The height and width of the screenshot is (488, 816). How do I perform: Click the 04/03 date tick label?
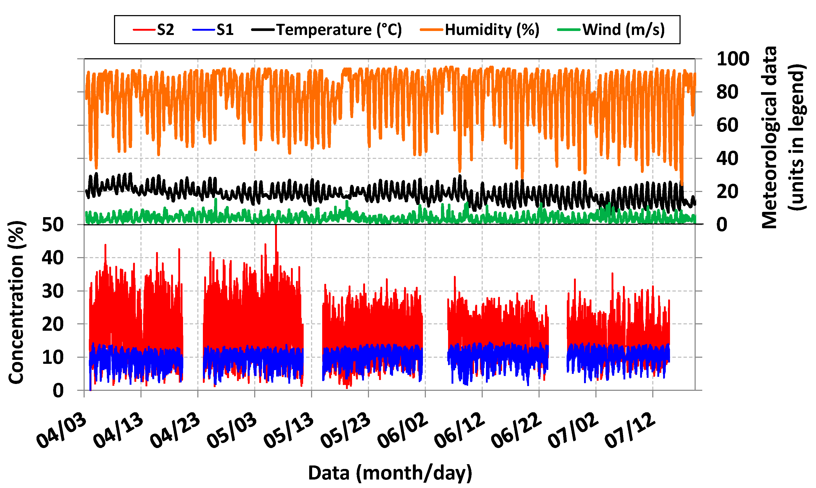[x=62, y=431]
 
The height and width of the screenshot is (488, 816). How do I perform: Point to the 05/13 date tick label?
[x=289, y=431]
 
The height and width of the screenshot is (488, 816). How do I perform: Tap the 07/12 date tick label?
[x=630, y=431]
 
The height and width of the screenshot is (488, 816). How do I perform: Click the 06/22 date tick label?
[x=516, y=431]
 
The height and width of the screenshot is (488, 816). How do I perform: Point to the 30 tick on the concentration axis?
[x=53, y=291]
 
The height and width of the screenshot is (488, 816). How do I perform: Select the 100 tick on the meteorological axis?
[x=733, y=59]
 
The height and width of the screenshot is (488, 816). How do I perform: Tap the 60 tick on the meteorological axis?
[x=727, y=125]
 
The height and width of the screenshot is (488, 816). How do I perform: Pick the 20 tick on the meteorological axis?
[x=727, y=192]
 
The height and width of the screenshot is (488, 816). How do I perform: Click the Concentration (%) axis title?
[x=16, y=303]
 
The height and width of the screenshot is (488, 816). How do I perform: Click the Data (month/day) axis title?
[x=390, y=473]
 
